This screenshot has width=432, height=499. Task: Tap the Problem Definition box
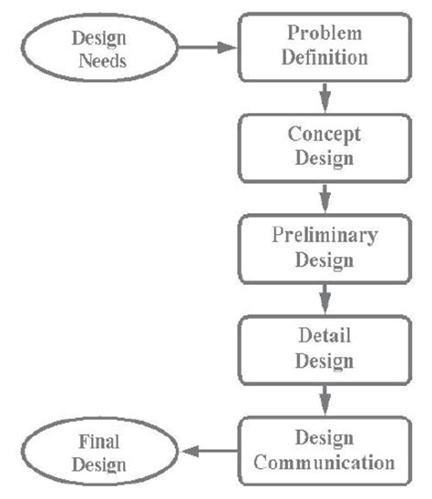[326, 46]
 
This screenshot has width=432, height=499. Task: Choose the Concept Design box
[324, 146]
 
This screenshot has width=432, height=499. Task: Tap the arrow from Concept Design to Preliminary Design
[324, 196]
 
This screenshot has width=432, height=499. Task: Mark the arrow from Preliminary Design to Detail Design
[324, 297]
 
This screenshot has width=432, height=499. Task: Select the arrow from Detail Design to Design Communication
[324, 398]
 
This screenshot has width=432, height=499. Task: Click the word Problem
[326, 33]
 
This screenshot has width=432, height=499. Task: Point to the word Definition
[326, 57]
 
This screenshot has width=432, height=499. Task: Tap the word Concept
[324, 134]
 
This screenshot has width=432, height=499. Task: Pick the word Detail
[324, 336]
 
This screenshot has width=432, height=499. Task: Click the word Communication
[324, 462]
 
